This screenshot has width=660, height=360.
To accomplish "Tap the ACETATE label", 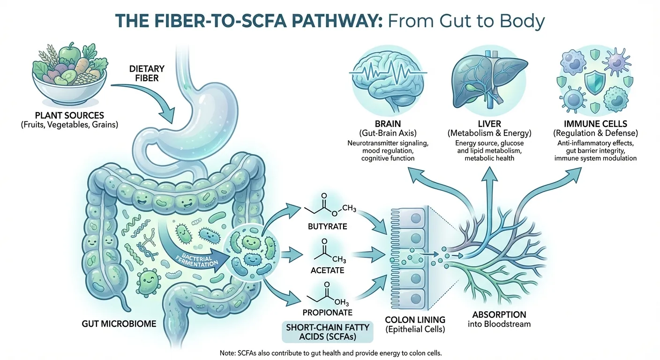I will pos(328,270).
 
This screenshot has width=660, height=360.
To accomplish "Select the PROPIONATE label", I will pos(328,312).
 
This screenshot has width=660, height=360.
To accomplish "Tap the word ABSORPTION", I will pos(492,315).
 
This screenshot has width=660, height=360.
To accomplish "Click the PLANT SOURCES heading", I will pos(69,115).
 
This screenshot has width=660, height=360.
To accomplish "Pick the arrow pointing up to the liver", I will pos(487,187).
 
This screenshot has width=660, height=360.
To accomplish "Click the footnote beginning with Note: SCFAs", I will pos(330,352).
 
